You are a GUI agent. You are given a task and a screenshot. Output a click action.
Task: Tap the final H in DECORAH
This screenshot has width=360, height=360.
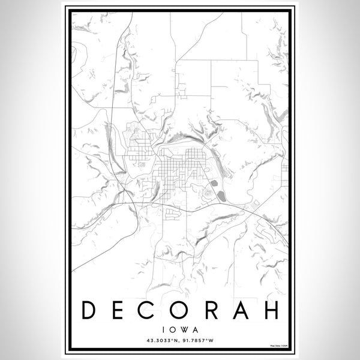[x=272, y=310]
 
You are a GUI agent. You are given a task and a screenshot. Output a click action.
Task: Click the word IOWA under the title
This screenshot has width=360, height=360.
[x=180, y=329]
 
